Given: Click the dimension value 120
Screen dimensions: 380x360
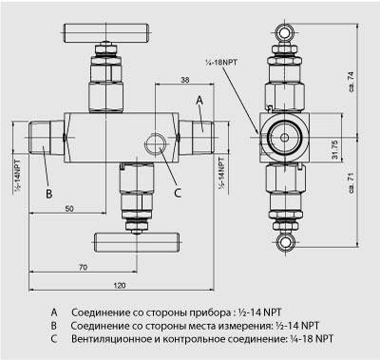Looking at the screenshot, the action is tap(120, 285).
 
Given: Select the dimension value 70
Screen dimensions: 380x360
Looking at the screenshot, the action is tap(83, 268).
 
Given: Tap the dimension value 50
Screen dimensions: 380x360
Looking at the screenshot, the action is tap(69, 209).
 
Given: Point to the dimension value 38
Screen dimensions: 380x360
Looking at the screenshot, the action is tap(185, 80).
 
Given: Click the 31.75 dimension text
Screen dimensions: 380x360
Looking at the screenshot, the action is tap(335, 149).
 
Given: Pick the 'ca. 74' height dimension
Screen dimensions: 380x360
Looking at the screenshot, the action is tap(351, 82).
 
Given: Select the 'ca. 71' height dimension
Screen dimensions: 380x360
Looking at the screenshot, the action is tap(351, 183).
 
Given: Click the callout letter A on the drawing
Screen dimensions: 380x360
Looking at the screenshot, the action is tap(199, 100).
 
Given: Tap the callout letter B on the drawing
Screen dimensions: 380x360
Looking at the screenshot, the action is tap(49, 194).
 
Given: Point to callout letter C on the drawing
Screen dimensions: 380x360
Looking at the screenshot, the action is tap(178, 193).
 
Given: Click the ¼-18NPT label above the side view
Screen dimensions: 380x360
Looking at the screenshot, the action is tap(221, 62).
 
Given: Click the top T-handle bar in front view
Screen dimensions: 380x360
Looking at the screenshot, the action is tap(106, 33).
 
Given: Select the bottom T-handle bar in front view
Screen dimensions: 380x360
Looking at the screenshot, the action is tap(137, 242).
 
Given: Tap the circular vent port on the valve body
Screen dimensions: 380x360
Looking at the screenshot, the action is tap(155, 143).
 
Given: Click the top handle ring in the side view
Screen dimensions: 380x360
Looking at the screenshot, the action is tap(284, 32).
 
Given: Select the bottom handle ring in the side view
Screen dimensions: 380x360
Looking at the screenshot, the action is tap(284, 242).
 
